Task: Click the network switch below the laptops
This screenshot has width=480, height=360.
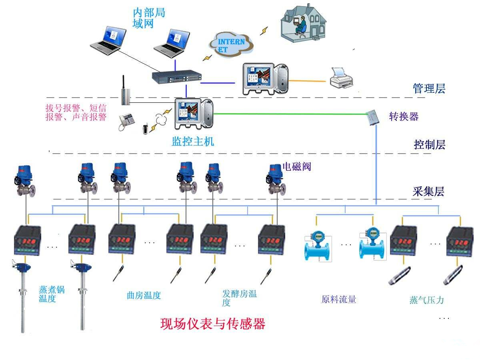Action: (x=176, y=76)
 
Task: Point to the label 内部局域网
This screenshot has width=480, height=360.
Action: (x=148, y=18)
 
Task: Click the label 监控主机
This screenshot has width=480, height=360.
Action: (x=193, y=141)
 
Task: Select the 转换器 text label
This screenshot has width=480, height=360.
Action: (x=404, y=116)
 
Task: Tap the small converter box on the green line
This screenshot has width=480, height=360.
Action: (x=374, y=117)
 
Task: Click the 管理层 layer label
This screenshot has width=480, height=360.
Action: (x=429, y=88)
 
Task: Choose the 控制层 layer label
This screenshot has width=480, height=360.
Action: (x=429, y=144)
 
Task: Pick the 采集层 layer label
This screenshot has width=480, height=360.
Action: (x=428, y=192)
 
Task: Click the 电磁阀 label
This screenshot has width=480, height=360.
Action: (x=296, y=166)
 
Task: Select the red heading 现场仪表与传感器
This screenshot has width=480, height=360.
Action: (x=213, y=324)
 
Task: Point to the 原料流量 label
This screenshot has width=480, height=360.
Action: (x=338, y=299)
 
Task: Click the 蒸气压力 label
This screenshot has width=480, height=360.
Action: (x=426, y=300)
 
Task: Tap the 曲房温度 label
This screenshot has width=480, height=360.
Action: (x=144, y=296)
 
